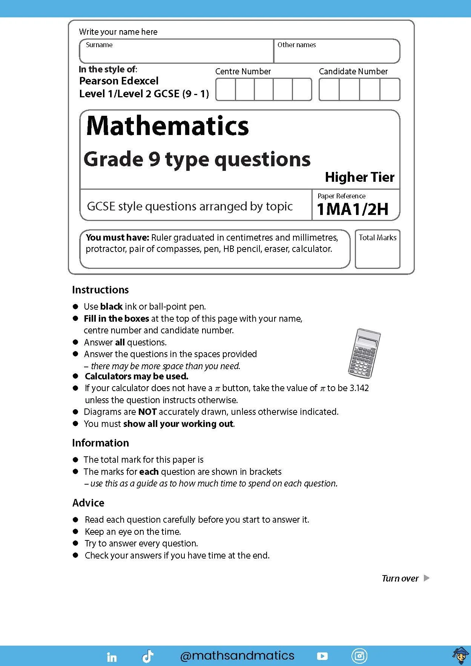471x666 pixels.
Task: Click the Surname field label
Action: pos(99,45)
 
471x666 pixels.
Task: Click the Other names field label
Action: pos(296,45)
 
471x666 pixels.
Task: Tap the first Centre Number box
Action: pos(226,89)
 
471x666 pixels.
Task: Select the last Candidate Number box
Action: pos(390,89)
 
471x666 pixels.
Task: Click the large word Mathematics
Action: pos(167,126)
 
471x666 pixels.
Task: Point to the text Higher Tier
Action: pos(359,177)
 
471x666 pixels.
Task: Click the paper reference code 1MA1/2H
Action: pos(353,209)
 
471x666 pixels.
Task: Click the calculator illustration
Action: pos(364,353)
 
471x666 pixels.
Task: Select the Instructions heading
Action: pos(100,290)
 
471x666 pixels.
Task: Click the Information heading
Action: pos(100,443)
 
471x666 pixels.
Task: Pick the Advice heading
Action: pos(88,503)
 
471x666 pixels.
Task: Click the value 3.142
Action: pos(359,388)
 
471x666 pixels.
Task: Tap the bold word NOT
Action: pos(147,412)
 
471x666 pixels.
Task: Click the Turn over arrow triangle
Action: pos(427,578)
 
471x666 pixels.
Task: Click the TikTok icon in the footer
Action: pos(147,656)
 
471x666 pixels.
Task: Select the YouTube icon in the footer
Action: pos(322,656)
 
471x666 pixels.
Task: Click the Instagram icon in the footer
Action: pos(359,656)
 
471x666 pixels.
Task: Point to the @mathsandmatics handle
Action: pos(237,655)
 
